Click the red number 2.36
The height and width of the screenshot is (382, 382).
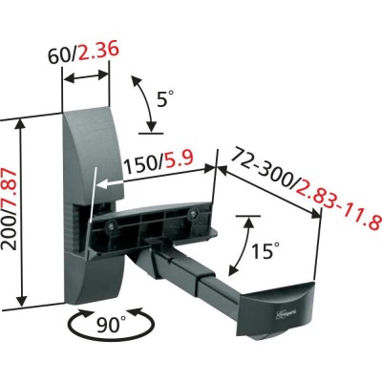coord(98,52)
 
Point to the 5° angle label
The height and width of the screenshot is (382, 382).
coord(165,98)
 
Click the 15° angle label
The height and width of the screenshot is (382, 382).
coord(265,250)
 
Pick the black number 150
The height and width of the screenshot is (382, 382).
coord(140,166)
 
